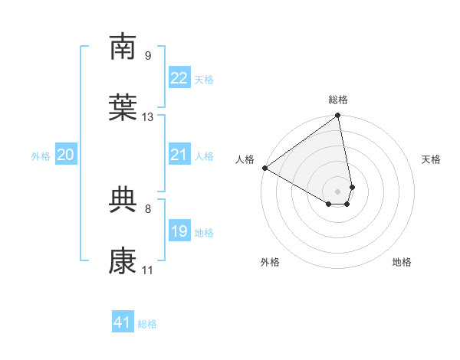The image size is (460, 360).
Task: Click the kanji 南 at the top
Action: click(123, 47)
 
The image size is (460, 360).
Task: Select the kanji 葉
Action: click(123, 108)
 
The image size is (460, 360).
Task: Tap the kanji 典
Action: click(123, 200)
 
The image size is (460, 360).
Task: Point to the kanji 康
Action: click(123, 261)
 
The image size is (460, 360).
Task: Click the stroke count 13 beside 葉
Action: click(148, 117)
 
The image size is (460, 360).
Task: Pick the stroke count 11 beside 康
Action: click(147, 270)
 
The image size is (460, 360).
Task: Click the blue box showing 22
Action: click(179, 78)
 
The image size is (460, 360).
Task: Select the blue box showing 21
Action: click(179, 155)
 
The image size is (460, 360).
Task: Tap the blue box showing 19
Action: click(179, 231)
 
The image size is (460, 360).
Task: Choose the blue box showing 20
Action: click(65, 155)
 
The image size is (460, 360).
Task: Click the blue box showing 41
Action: click(123, 322)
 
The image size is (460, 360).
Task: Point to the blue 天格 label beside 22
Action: click(204, 80)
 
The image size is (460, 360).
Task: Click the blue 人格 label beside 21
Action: click(204, 156)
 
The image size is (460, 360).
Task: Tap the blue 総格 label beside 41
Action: click(147, 324)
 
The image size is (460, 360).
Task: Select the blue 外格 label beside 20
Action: click(41, 156)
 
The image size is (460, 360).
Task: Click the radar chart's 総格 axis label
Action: click(338, 100)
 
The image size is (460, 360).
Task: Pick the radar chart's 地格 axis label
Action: click(402, 262)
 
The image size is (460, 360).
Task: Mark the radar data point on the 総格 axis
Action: click(338, 116)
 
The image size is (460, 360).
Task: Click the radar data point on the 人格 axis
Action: click(264, 168)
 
